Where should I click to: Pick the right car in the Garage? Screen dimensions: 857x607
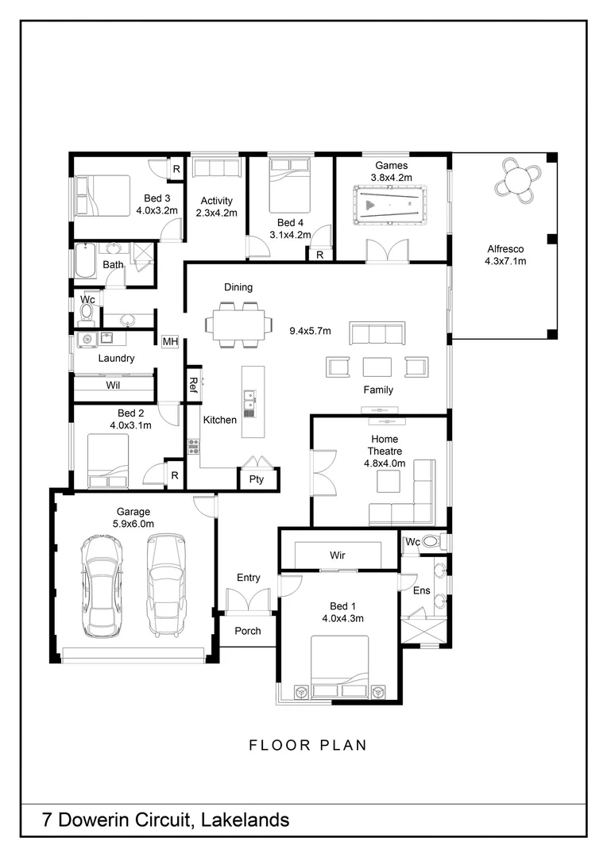(x=166, y=584)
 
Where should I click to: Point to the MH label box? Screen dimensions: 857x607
(x=170, y=341)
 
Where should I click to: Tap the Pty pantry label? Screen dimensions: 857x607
(x=257, y=479)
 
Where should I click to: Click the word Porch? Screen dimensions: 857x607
(x=248, y=632)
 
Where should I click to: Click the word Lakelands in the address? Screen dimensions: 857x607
(x=246, y=820)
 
